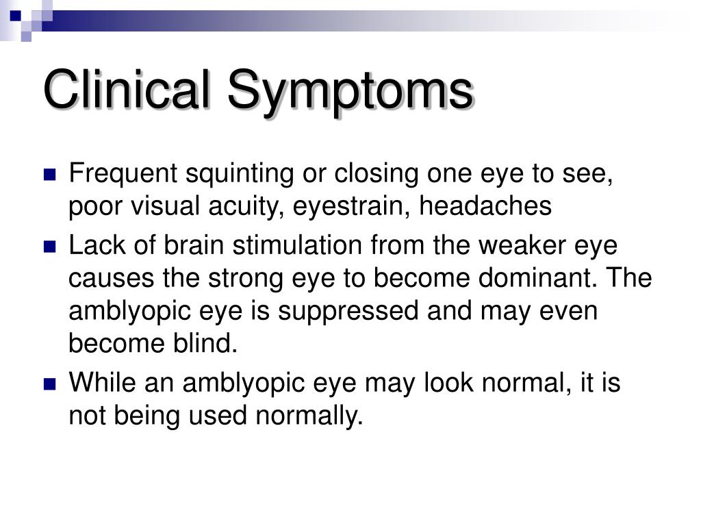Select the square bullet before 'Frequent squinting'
(x=49, y=175)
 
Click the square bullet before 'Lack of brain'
(x=49, y=247)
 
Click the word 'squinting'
(x=240, y=175)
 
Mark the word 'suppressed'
(x=348, y=312)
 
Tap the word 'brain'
(x=194, y=245)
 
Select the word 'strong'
(x=246, y=279)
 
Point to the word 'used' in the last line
(x=218, y=415)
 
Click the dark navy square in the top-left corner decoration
(x=16, y=16)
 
